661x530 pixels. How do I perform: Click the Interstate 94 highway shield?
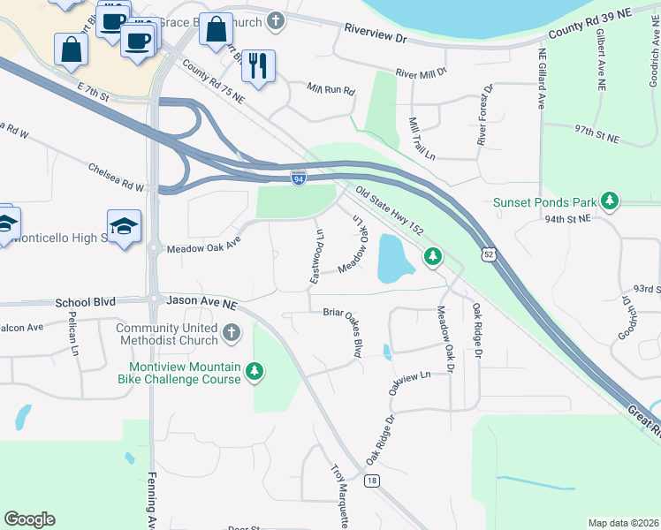click(300, 178)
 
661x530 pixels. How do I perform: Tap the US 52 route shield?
click(488, 254)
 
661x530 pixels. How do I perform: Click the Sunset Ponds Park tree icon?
click(610, 202)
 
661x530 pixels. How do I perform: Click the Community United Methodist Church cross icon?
click(231, 333)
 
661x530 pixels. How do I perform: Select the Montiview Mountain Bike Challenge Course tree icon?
click(255, 371)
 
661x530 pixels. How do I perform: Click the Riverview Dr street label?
click(375, 38)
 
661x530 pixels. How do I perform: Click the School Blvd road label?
click(85, 301)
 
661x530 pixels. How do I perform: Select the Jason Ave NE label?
click(202, 302)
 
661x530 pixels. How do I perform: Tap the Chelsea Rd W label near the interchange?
click(116, 177)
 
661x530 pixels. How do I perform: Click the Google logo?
click(29, 519)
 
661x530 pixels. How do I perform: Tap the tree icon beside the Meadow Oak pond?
click(432, 256)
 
